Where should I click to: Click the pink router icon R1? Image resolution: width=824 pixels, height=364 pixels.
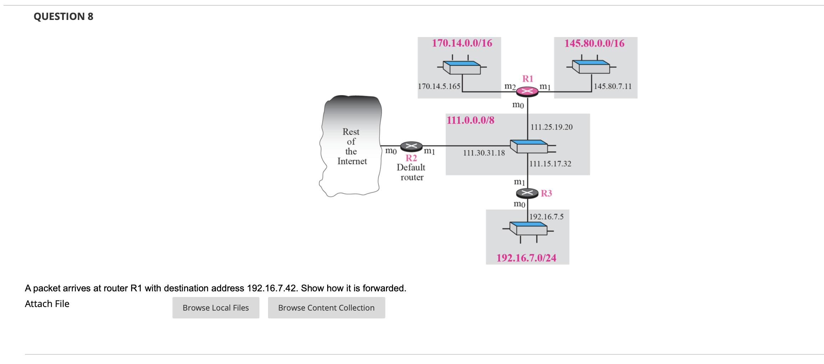coord(527,92)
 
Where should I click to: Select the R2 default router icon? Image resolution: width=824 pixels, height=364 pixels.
coord(411,146)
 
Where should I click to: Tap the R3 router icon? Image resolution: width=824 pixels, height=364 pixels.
coord(527,193)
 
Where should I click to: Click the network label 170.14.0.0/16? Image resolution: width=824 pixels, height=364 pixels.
coord(462,43)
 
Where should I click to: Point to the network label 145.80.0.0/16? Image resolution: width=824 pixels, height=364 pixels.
coord(594,43)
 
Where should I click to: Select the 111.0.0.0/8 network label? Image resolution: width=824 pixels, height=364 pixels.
coord(470,120)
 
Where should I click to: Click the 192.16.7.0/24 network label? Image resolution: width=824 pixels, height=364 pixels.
coord(526,258)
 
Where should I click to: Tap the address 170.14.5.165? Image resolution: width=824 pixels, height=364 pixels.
coord(439,86)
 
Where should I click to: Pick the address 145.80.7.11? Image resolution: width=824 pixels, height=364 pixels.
coord(613,86)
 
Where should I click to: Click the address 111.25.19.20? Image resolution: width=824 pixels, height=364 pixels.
coord(551,127)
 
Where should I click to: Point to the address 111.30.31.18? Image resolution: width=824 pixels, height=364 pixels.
coord(484,153)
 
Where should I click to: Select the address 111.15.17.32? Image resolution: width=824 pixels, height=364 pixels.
coord(550,164)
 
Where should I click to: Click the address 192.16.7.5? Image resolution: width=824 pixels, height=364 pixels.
coord(546,217)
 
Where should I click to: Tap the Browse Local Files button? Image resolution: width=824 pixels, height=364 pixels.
coord(216,308)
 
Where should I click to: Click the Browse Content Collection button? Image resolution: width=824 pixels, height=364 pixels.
coord(326,308)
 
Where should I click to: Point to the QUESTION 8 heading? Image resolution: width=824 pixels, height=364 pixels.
coord(63,16)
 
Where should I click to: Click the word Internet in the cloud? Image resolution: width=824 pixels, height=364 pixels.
coord(352,161)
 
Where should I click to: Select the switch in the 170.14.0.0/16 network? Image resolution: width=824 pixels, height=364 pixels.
coord(462,67)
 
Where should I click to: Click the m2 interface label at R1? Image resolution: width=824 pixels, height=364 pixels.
coord(510,86)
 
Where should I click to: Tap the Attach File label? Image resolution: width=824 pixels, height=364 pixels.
coord(47,304)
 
